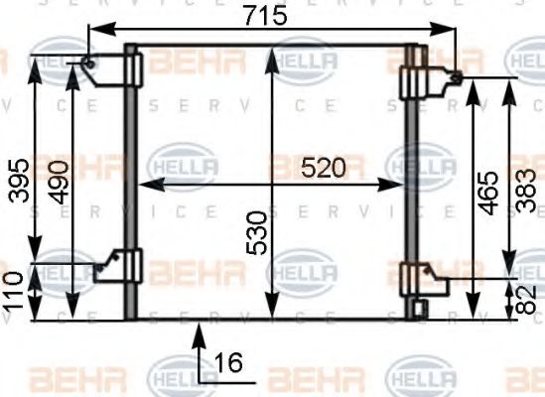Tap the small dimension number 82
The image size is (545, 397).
(x=529, y=298)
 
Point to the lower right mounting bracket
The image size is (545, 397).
(x=422, y=279)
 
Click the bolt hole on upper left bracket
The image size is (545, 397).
(x=89, y=66)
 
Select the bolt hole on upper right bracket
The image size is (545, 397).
(x=456, y=76)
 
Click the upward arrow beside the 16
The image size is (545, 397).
(x=199, y=337)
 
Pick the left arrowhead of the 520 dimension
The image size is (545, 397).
(x=141, y=185)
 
